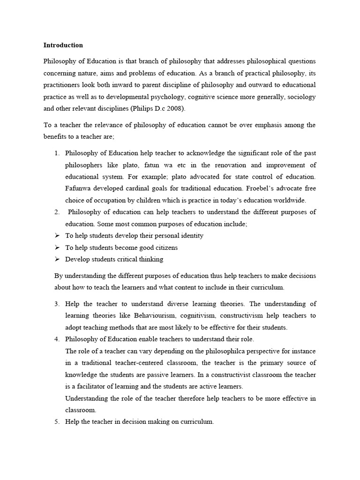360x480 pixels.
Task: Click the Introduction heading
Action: [63, 45]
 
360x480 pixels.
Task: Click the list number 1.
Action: [56, 153]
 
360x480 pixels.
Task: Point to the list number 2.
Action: [56, 212]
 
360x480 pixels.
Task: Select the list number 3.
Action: [56, 304]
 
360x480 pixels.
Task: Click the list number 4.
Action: [56, 339]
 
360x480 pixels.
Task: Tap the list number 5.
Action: [56, 421]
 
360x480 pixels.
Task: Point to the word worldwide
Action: [289, 200]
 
